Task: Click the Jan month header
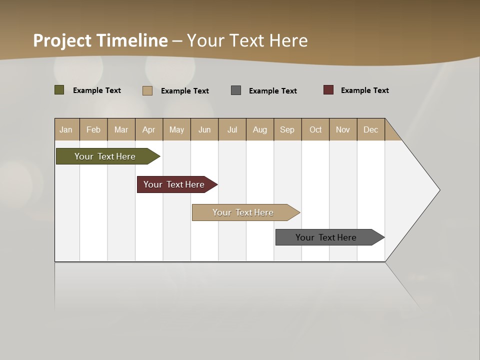click(66, 129)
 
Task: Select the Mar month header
click(121, 129)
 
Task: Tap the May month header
click(176, 129)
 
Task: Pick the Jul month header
click(232, 129)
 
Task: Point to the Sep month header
click(287, 129)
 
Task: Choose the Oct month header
click(315, 129)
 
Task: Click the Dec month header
click(370, 129)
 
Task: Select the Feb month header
click(93, 129)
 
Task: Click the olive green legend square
click(59, 90)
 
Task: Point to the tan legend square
click(147, 90)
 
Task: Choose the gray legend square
click(236, 90)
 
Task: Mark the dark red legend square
click(328, 90)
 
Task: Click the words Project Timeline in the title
click(100, 40)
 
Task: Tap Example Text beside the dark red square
click(364, 90)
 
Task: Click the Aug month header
click(259, 129)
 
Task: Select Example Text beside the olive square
click(96, 90)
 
